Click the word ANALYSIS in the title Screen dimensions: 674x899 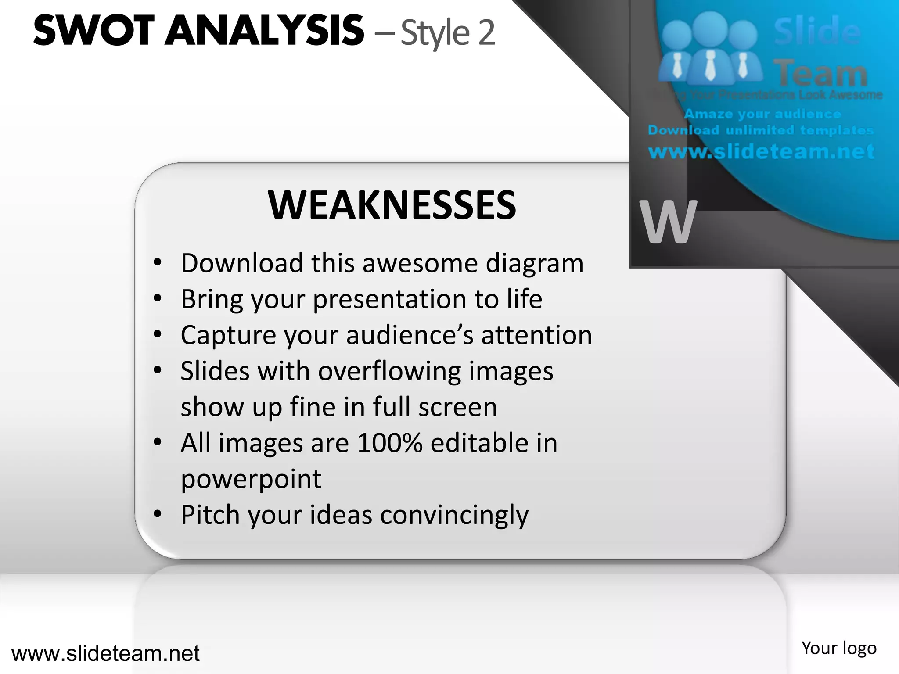click(264, 31)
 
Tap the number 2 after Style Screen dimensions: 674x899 click(486, 33)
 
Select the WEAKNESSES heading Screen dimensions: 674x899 click(392, 205)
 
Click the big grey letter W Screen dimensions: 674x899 click(668, 222)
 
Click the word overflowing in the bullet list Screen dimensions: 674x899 click(389, 372)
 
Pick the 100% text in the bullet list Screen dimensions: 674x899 click(390, 443)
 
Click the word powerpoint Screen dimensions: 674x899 click(251, 480)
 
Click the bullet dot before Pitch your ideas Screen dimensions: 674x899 click(158, 514)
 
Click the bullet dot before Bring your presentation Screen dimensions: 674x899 click(158, 299)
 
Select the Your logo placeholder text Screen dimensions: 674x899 click(838, 648)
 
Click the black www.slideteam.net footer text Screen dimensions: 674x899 click(105, 653)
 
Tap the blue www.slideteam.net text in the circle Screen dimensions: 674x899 click(761, 151)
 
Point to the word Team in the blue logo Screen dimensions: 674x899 click(820, 73)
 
